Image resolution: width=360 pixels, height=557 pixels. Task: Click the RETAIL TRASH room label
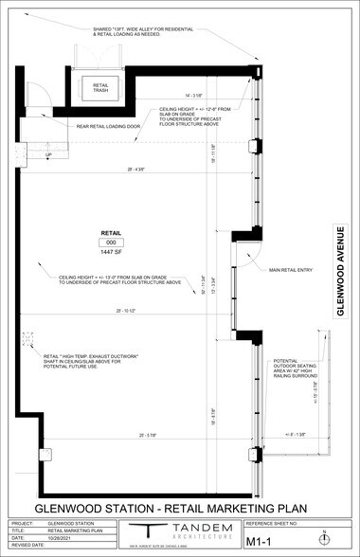(x=100, y=87)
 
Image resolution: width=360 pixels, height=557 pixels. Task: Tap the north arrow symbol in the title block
(x=325, y=538)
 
